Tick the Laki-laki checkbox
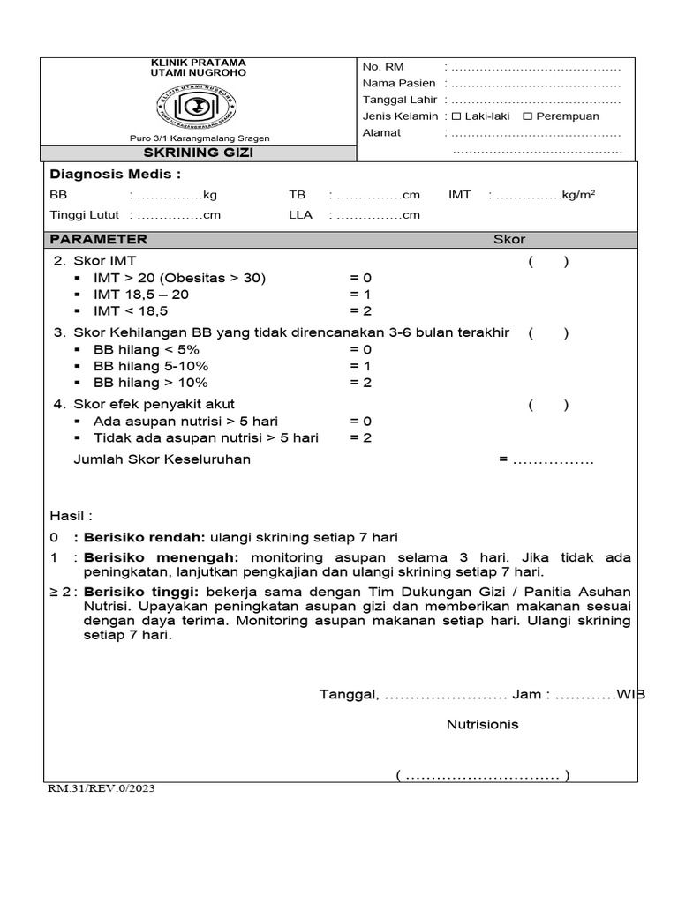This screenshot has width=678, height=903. (x=456, y=116)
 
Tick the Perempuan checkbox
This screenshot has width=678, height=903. (x=528, y=116)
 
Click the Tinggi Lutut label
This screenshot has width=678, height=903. (x=85, y=215)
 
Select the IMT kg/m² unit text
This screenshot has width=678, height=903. (x=577, y=195)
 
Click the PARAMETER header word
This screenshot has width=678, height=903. (x=99, y=240)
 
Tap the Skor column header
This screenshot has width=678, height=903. (x=508, y=240)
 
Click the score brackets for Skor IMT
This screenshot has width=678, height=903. (x=548, y=261)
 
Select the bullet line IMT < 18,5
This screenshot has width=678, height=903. (x=131, y=311)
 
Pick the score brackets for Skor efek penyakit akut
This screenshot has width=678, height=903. (x=548, y=405)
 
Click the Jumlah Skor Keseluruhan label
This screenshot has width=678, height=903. (x=162, y=459)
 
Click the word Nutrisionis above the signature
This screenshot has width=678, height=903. (x=482, y=725)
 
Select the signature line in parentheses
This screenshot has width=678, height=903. (x=483, y=776)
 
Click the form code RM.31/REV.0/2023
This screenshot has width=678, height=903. (x=102, y=789)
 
